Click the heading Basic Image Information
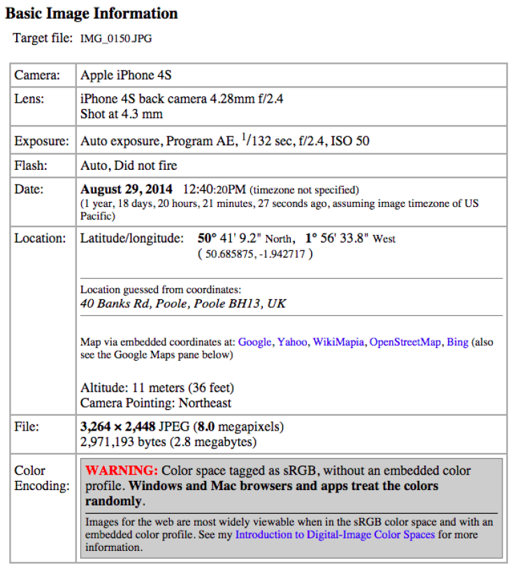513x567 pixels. pyautogui.click(x=92, y=13)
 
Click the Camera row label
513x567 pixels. pyautogui.click(x=37, y=75)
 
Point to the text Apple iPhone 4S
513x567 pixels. pyautogui.click(x=126, y=75)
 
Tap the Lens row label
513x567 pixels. pyautogui.click(x=29, y=99)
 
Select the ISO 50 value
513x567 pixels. pyautogui.click(x=349, y=141)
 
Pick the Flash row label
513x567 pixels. pyautogui.click(x=31, y=166)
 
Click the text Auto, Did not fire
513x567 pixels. pyautogui.click(x=129, y=166)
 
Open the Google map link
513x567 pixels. pyautogui.click(x=254, y=342)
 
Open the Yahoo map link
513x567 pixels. pyautogui.click(x=292, y=342)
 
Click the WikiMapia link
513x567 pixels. pyautogui.click(x=338, y=342)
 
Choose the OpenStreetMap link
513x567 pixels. pyautogui.click(x=405, y=342)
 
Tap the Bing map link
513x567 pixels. pyautogui.click(x=458, y=342)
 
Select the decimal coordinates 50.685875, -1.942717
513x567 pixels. pyautogui.click(x=255, y=254)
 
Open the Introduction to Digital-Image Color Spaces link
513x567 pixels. pyautogui.click(x=335, y=535)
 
